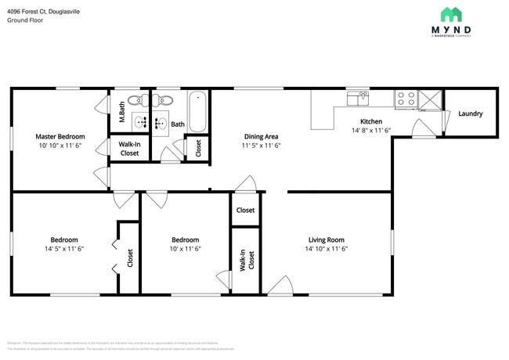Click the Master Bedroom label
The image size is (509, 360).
point(60,136)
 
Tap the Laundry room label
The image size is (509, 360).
point(470,113)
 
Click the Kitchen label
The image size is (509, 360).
point(370,121)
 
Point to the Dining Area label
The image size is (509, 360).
point(261,136)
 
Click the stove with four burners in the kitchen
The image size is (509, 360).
point(406,99)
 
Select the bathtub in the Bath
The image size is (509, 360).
point(197,112)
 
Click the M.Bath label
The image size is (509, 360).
point(122,114)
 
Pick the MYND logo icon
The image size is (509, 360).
point(450,14)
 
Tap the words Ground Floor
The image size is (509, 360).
point(26,20)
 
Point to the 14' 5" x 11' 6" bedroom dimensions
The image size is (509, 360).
point(64,249)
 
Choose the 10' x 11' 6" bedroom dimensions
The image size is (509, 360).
point(186,249)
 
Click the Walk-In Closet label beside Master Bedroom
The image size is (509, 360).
point(129,149)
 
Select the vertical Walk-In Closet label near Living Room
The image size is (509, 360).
point(246,260)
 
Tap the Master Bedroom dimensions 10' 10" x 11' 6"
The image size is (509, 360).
point(60,146)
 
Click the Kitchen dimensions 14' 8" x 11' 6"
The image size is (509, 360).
point(370,131)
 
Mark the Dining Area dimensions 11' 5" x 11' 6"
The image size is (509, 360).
point(261,146)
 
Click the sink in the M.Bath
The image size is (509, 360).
point(142,121)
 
